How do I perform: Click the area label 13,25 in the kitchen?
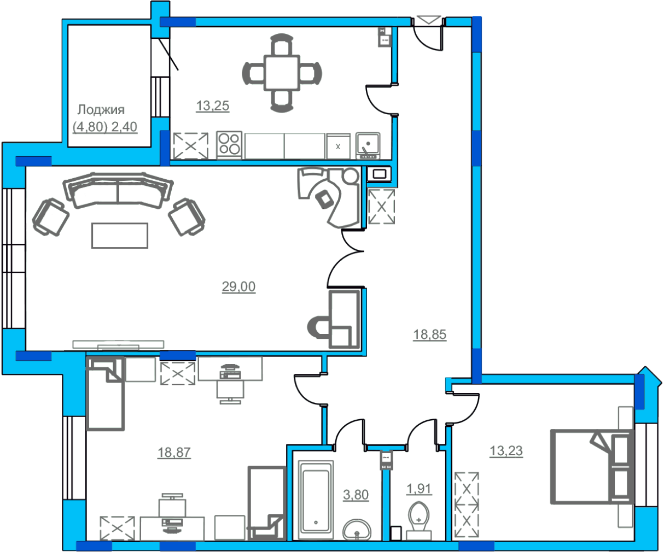[212, 106]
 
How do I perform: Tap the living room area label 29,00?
[238, 286]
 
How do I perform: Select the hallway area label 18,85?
[429, 334]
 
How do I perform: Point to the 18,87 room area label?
[174, 452]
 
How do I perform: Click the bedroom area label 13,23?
[506, 451]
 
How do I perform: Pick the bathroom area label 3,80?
[356, 495]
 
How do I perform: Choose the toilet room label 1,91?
[419, 489]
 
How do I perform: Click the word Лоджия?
[101, 110]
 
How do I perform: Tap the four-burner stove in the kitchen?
[229, 145]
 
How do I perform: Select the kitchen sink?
[368, 145]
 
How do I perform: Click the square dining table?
[282, 73]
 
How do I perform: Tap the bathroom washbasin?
[357, 530]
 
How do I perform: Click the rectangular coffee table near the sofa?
[120, 236]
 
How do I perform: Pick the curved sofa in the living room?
[118, 190]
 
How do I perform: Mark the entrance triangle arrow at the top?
[428, 20]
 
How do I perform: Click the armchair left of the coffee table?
[51, 217]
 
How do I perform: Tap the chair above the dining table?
[282, 44]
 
